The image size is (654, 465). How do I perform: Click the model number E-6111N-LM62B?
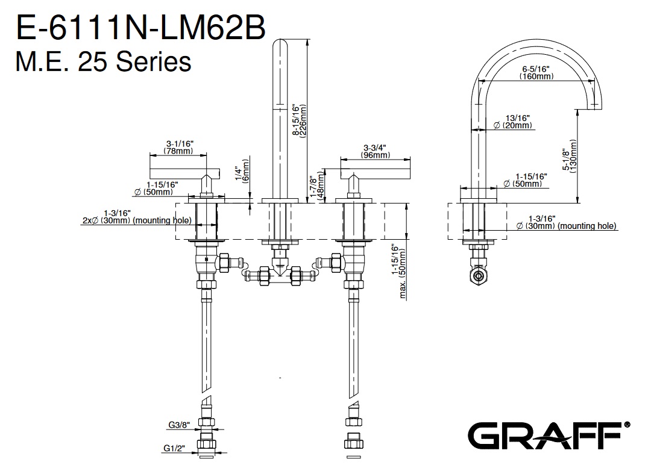(x=140, y=28)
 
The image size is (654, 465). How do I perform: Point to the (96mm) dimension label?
(x=374, y=155)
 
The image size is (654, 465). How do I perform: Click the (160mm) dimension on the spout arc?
(x=537, y=76)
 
